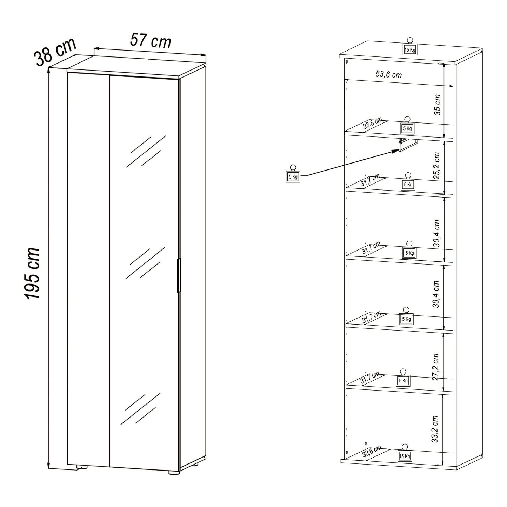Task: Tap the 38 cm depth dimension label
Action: (55, 52)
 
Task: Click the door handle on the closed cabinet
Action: (179, 275)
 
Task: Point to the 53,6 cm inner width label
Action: (388, 74)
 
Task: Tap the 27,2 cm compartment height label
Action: (435, 367)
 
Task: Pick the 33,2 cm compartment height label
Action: (435, 429)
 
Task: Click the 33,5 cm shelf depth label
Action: (372, 124)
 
